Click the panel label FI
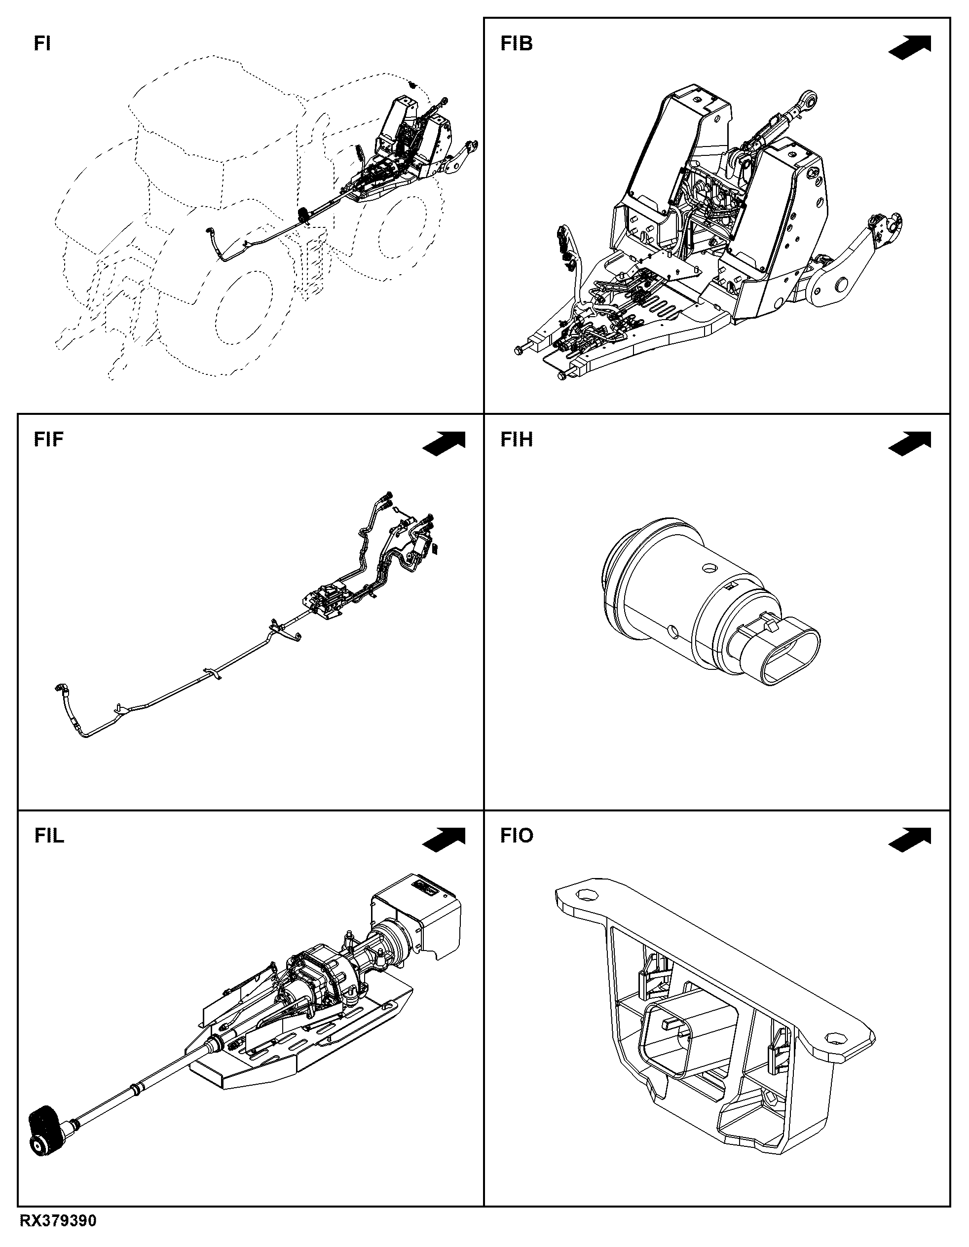[x=42, y=44]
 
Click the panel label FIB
[x=517, y=44]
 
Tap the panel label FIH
[x=517, y=440]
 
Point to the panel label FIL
[x=49, y=836]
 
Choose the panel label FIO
[x=517, y=836]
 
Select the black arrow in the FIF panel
[x=444, y=443]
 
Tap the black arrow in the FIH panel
[x=910, y=443]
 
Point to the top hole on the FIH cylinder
[x=710, y=569]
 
